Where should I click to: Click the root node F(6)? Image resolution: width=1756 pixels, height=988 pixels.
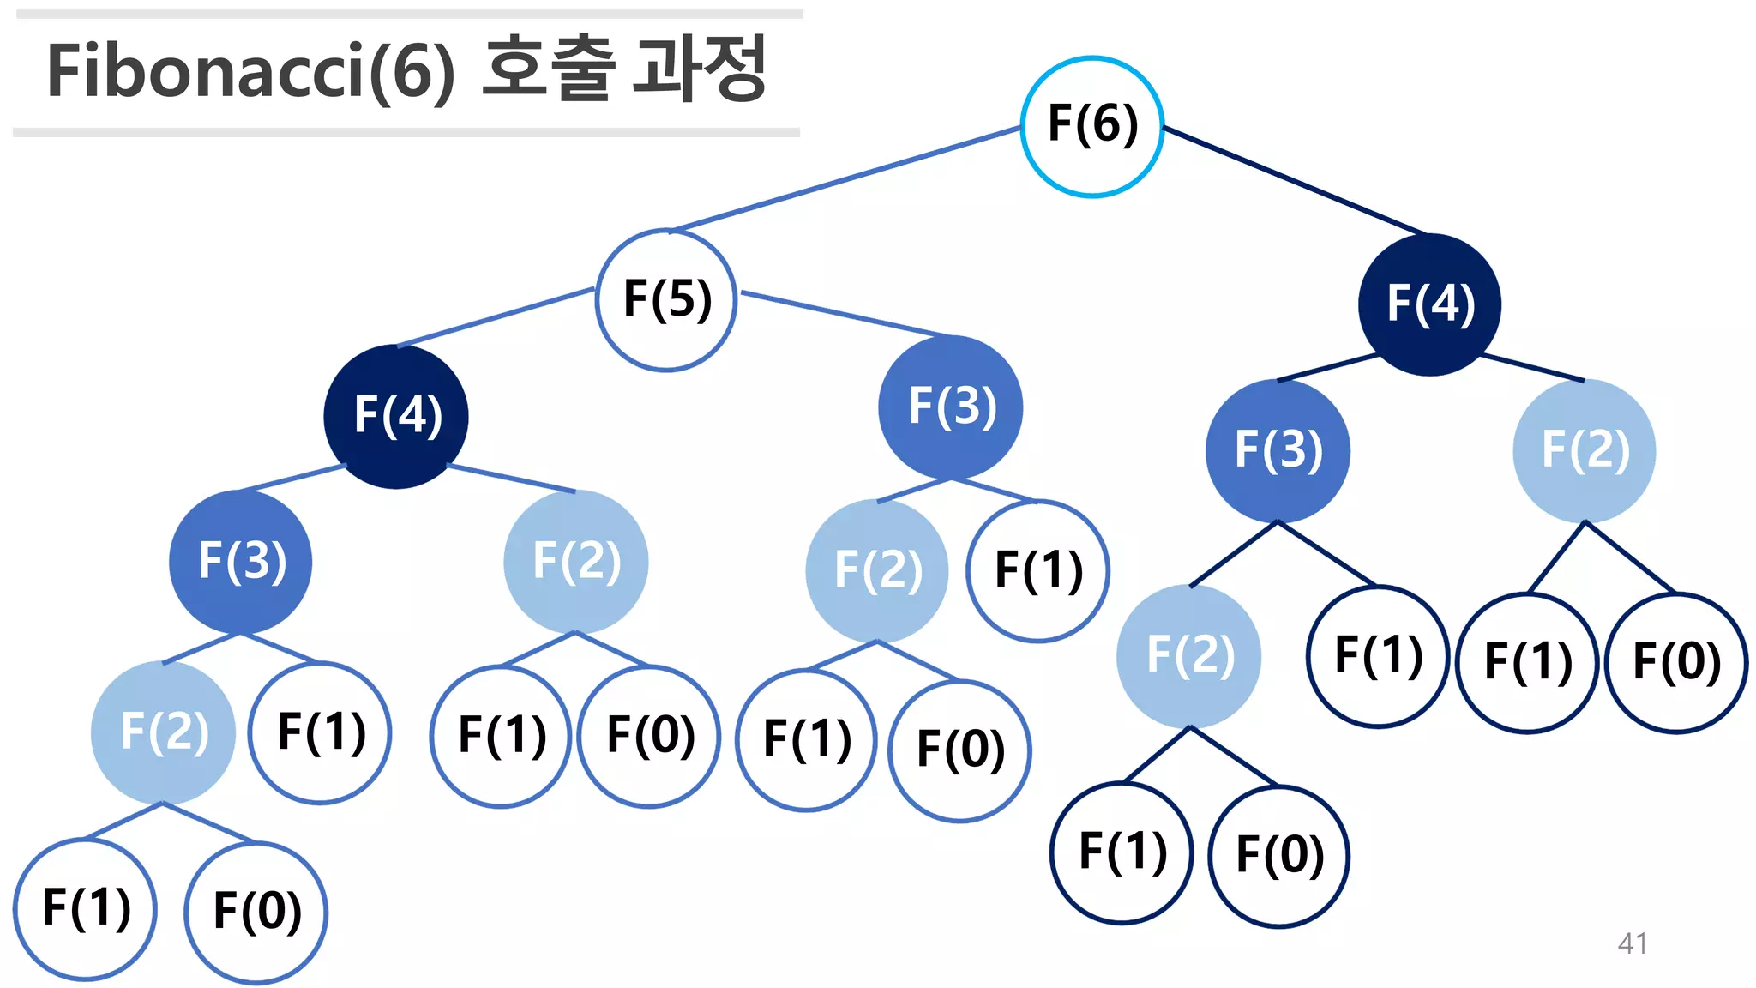[1091, 126]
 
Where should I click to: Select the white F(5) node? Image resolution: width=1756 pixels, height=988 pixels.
[666, 299]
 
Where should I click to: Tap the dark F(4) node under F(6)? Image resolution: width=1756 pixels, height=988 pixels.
[1429, 304]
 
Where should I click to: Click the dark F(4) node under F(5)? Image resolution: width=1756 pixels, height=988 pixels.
[396, 416]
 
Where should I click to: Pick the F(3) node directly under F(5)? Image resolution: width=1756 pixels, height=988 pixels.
[951, 407]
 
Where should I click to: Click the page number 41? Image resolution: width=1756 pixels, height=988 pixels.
[1632, 943]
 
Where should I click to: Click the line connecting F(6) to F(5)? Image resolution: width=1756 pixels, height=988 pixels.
[845, 178]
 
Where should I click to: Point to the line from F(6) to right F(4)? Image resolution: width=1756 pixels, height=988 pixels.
[1295, 180]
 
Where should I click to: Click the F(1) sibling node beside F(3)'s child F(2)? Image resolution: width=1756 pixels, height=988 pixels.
[1037, 570]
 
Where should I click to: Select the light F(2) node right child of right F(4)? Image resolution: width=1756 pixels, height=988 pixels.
[1585, 450]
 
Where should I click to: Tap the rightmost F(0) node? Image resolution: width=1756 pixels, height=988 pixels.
[1676, 662]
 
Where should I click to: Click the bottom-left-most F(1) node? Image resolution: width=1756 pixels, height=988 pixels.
[86, 909]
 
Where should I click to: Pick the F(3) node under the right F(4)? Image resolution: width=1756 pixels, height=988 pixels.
[1278, 450]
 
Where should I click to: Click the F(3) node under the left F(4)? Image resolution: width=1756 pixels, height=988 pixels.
[241, 562]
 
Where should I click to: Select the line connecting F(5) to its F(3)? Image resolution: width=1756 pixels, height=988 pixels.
[845, 314]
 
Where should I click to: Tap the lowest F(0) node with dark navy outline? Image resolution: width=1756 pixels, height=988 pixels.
[1279, 856]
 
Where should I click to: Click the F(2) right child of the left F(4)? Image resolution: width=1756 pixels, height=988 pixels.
[575, 562]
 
